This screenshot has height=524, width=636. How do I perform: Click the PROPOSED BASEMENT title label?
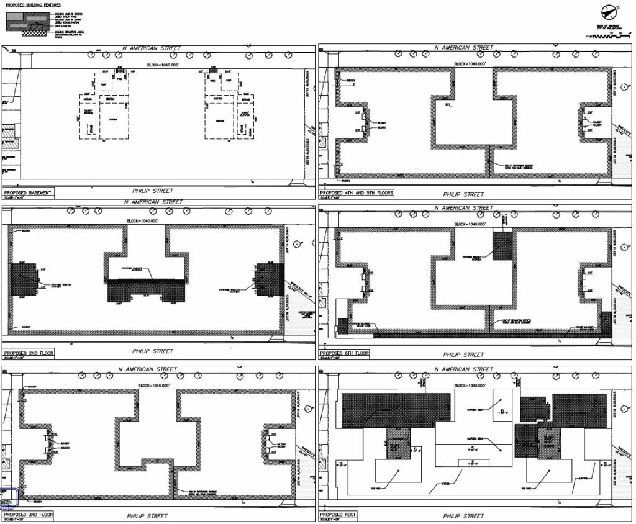coord(27,193)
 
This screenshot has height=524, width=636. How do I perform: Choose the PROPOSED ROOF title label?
coord(337,515)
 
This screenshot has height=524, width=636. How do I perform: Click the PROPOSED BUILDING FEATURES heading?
coord(34,5)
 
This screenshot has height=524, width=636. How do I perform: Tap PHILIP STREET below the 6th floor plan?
coord(463,355)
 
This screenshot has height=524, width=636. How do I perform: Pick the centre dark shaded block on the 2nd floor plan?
coord(147,290)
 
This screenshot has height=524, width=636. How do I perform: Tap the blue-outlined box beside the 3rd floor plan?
coord(9,499)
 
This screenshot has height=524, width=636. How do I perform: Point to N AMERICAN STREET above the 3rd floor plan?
coord(150,369)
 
